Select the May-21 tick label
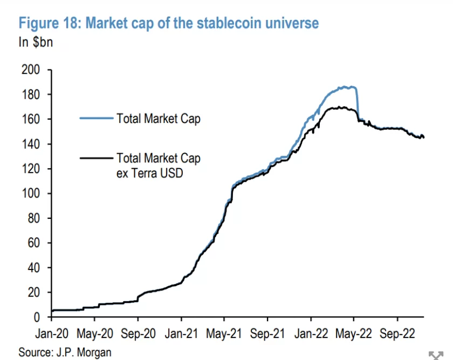click(224, 333)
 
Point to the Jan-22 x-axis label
click(311, 333)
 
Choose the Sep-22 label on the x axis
click(396, 333)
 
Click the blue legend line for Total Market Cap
click(96, 117)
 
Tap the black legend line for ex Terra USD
click(96, 158)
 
